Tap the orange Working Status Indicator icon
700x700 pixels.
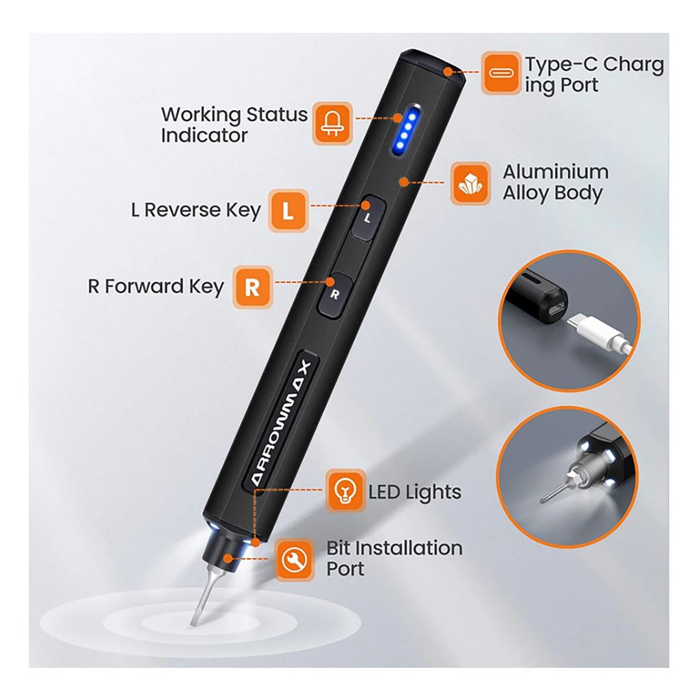tap(333, 123)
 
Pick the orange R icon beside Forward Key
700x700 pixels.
tap(252, 286)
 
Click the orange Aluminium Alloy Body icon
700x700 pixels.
tap(470, 183)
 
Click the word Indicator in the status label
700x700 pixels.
tap(204, 135)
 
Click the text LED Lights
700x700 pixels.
tap(414, 492)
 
